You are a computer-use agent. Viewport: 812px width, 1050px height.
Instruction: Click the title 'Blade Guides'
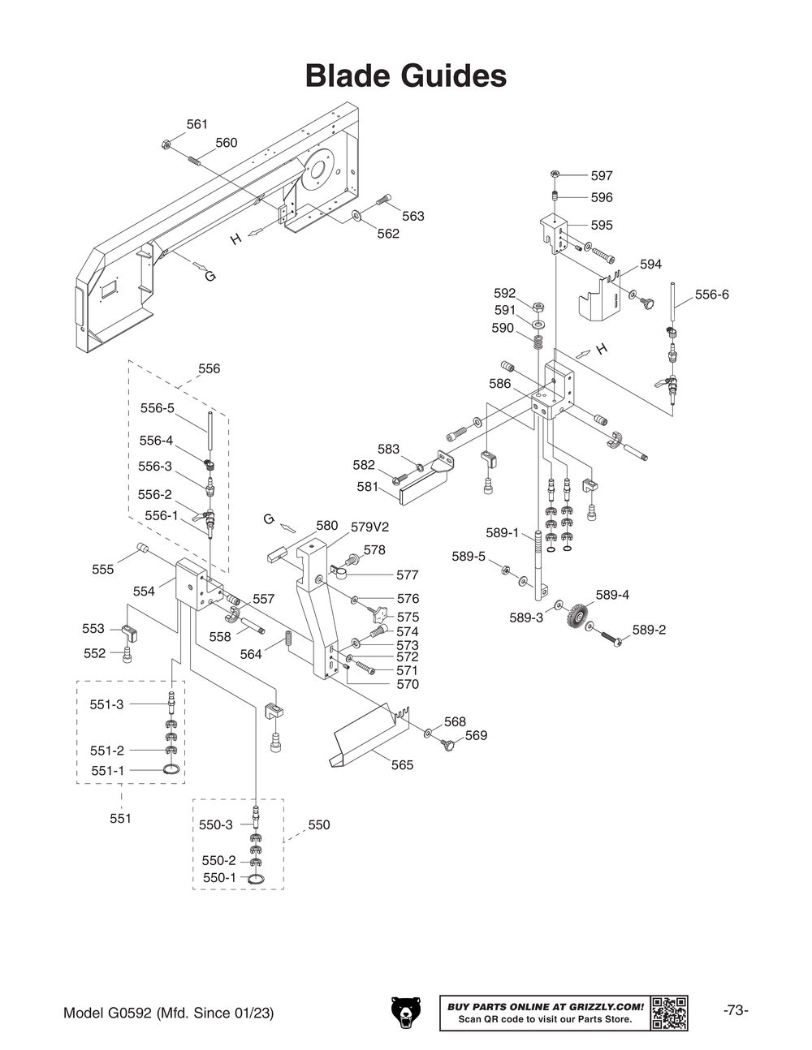coord(405,76)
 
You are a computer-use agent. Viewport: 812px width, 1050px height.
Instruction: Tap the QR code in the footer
coord(669,1013)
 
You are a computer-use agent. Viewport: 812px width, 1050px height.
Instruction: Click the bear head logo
coord(407,1013)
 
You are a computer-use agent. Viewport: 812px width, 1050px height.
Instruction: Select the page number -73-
coord(735,1010)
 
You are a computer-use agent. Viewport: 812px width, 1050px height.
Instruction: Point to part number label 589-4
coord(612,595)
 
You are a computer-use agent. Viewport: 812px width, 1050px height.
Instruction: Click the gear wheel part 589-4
coord(577,614)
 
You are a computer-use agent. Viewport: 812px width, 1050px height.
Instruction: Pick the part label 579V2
coord(369,527)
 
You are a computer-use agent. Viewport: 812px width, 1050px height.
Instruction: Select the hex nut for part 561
coord(165,145)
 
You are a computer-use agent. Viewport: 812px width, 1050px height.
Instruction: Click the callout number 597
coord(601,175)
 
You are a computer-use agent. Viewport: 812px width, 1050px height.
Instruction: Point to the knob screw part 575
coord(378,610)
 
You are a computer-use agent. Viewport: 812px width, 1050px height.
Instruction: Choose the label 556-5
coord(157,408)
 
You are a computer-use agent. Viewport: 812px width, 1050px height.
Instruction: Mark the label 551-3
coord(106,704)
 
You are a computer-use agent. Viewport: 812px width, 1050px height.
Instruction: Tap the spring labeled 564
coord(287,642)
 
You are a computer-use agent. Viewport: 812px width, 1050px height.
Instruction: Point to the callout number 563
coord(412,216)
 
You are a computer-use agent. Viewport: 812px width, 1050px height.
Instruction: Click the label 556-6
coord(711,295)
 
